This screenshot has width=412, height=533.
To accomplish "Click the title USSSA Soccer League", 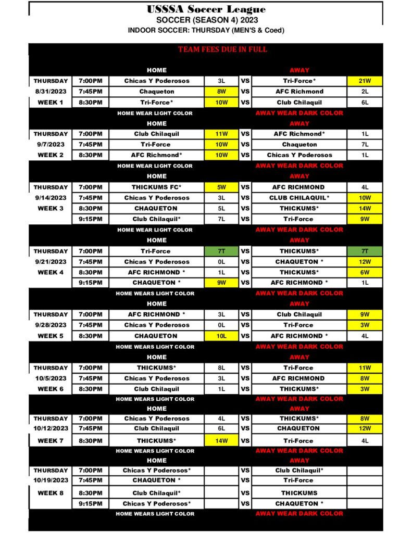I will (x=206, y=9).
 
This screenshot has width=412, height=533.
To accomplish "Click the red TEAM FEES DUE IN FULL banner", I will (x=222, y=49).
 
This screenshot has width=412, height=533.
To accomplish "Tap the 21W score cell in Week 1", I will (x=365, y=81).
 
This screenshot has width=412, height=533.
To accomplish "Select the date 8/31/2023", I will (x=51, y=92).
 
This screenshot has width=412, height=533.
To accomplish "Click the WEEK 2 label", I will (x=51, y=155).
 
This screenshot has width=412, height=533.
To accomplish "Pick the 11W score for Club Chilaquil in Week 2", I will (x=221, y=134).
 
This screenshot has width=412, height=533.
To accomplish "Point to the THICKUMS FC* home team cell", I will (x=156, y=187).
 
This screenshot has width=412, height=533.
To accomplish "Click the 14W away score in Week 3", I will (x=365, y=208).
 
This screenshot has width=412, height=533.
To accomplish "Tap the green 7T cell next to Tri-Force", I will (x=221, y=251).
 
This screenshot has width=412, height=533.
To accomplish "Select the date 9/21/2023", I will (x=51, y=262).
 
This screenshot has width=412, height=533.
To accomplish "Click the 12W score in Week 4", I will (x=365, y=262).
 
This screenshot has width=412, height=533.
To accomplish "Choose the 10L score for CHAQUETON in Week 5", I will (x=221, y=336).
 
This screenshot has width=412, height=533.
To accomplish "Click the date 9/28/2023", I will (x=51, y=325).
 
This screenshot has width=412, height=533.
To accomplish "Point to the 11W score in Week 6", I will (x=365, y=368).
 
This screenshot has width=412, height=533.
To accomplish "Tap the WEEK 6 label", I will (x=51, y=389).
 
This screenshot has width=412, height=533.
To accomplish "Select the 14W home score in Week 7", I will (x=221, y=441).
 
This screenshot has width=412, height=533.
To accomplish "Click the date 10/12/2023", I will (x=51, y=428).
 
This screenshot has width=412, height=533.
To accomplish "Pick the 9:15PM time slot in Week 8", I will (x=91, y=504).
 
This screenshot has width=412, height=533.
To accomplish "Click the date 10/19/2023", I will (x=51, y=480).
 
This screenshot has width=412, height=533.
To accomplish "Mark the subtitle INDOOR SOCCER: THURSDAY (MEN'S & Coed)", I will (x=206, y=30).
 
